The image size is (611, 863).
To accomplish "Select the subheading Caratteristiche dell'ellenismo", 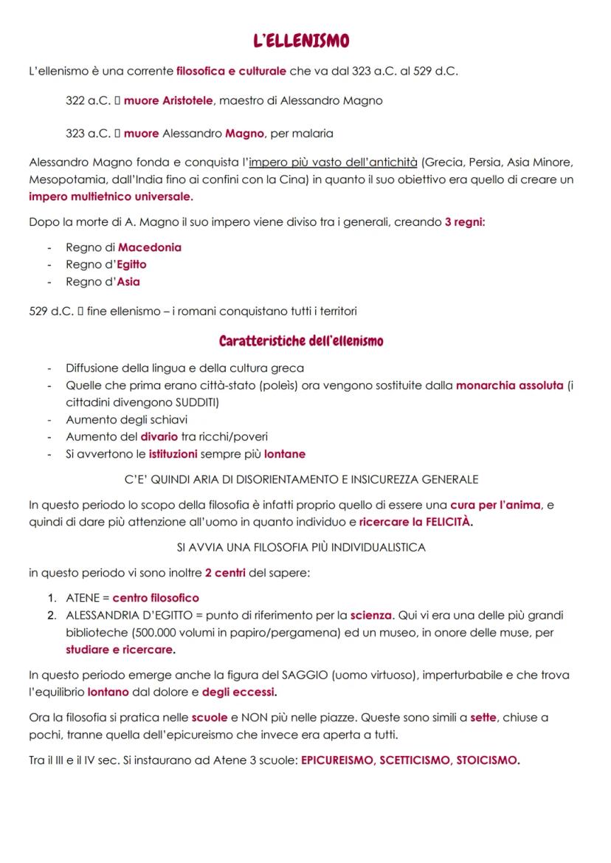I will [301, 342].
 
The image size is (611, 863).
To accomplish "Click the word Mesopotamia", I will [62, 179].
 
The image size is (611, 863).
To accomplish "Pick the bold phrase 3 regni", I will [465, 223].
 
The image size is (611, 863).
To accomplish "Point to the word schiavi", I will [159, 419].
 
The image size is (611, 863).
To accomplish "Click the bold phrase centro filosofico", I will [156, 598].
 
